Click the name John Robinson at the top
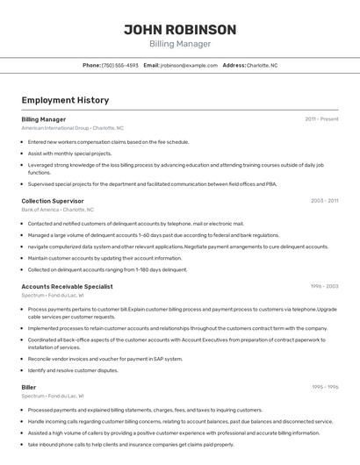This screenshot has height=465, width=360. click(x=180, y=30)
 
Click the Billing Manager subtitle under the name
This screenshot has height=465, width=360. click(x=180, y=44)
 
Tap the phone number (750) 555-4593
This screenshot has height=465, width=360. click(x=119, y=66)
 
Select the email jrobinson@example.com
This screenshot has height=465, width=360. click(x=189, y=66)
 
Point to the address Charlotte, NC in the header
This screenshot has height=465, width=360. click(x=262, y=66)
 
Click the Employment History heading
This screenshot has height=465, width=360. click(x=65, y=101)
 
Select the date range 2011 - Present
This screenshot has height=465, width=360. click(x=321, y=118)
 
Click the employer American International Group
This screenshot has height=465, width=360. click(x=54, y=128)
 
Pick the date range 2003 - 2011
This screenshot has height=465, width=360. click(x=324, y=201)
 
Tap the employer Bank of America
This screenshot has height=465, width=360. click(x=40, y=211)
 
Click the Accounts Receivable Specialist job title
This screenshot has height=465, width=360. click(x=67, y=286)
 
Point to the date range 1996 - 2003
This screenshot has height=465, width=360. click(x=324, y=286)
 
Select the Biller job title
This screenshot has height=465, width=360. click(x=29, y=386)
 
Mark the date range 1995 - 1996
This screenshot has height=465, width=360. click(x=324, y=386)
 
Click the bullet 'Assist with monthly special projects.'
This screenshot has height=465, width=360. click(x=78, y=153)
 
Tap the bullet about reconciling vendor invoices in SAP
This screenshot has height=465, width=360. click(x=104, y=359)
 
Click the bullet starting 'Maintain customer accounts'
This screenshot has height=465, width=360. click(x=104, y=258)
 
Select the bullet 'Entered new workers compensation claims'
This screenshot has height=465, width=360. click(x=108, y=141)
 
